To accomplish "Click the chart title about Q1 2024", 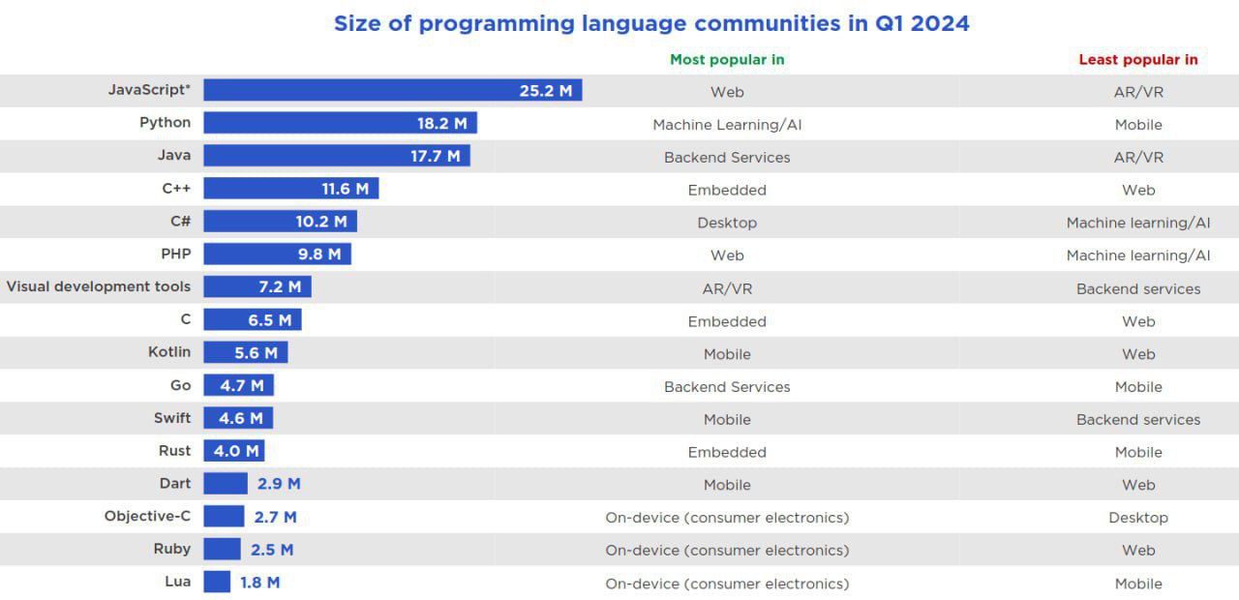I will coord(651,23).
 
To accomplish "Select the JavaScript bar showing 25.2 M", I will coord(392,91).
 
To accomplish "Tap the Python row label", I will coord(165,123).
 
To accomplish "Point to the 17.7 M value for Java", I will coord(436,156).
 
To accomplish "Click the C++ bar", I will coord(290,189).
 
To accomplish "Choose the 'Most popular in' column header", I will coord(727,60).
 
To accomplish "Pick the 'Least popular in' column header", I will coord(1138,60).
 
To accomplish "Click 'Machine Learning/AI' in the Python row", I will coord(727,125).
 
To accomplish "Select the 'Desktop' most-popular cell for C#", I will coord(727,223).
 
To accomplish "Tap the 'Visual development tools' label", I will coord(99,286).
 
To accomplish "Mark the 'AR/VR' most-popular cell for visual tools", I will coord(727,288).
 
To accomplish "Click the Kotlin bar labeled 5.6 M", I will coord(245,353).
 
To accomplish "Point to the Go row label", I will coord(181,385).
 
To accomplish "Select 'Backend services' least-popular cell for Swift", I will coord(1138,419).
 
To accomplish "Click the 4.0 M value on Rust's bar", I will coord(236,451).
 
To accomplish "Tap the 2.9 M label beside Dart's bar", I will coord(279,484).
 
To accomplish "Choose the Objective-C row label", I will coord(147,516).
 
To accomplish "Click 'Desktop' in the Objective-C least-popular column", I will coord(1138,518).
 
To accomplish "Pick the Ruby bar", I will coord(222,549).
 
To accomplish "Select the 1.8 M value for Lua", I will coord(260,583).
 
